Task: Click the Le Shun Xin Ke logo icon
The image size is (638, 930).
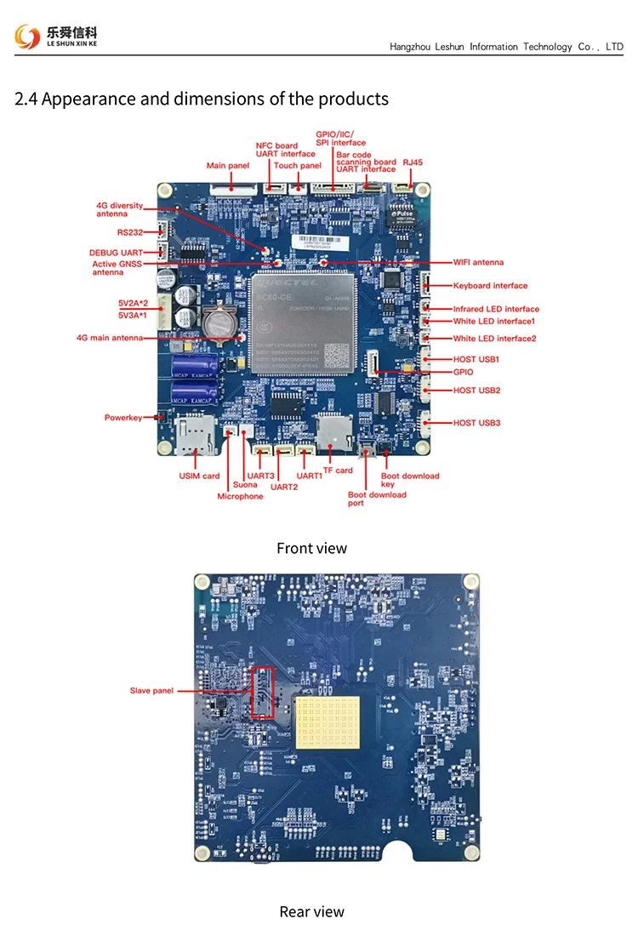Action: coord(27,36)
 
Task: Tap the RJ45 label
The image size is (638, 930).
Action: coord(413,161)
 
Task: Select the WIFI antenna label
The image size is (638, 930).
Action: coord(478,262)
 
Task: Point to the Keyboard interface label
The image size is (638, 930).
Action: coord(490,286)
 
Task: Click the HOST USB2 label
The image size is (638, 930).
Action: coord(476,391)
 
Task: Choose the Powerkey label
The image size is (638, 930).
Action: coord(123,418)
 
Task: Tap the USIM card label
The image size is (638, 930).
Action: coord(199,476)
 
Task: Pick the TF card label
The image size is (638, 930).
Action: coord(338,471)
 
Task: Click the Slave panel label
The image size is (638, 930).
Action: coord(151,691)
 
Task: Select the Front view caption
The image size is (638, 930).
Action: coord(311,548)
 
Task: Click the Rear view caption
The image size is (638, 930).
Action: coord(311,911)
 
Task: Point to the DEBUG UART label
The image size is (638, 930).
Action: coord(116,253)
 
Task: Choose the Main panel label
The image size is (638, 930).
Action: coord(227,165)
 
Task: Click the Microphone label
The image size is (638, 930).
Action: coord(240,496)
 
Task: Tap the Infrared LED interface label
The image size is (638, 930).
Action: coord(496,309)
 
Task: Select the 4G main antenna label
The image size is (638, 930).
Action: coord(110,338)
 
